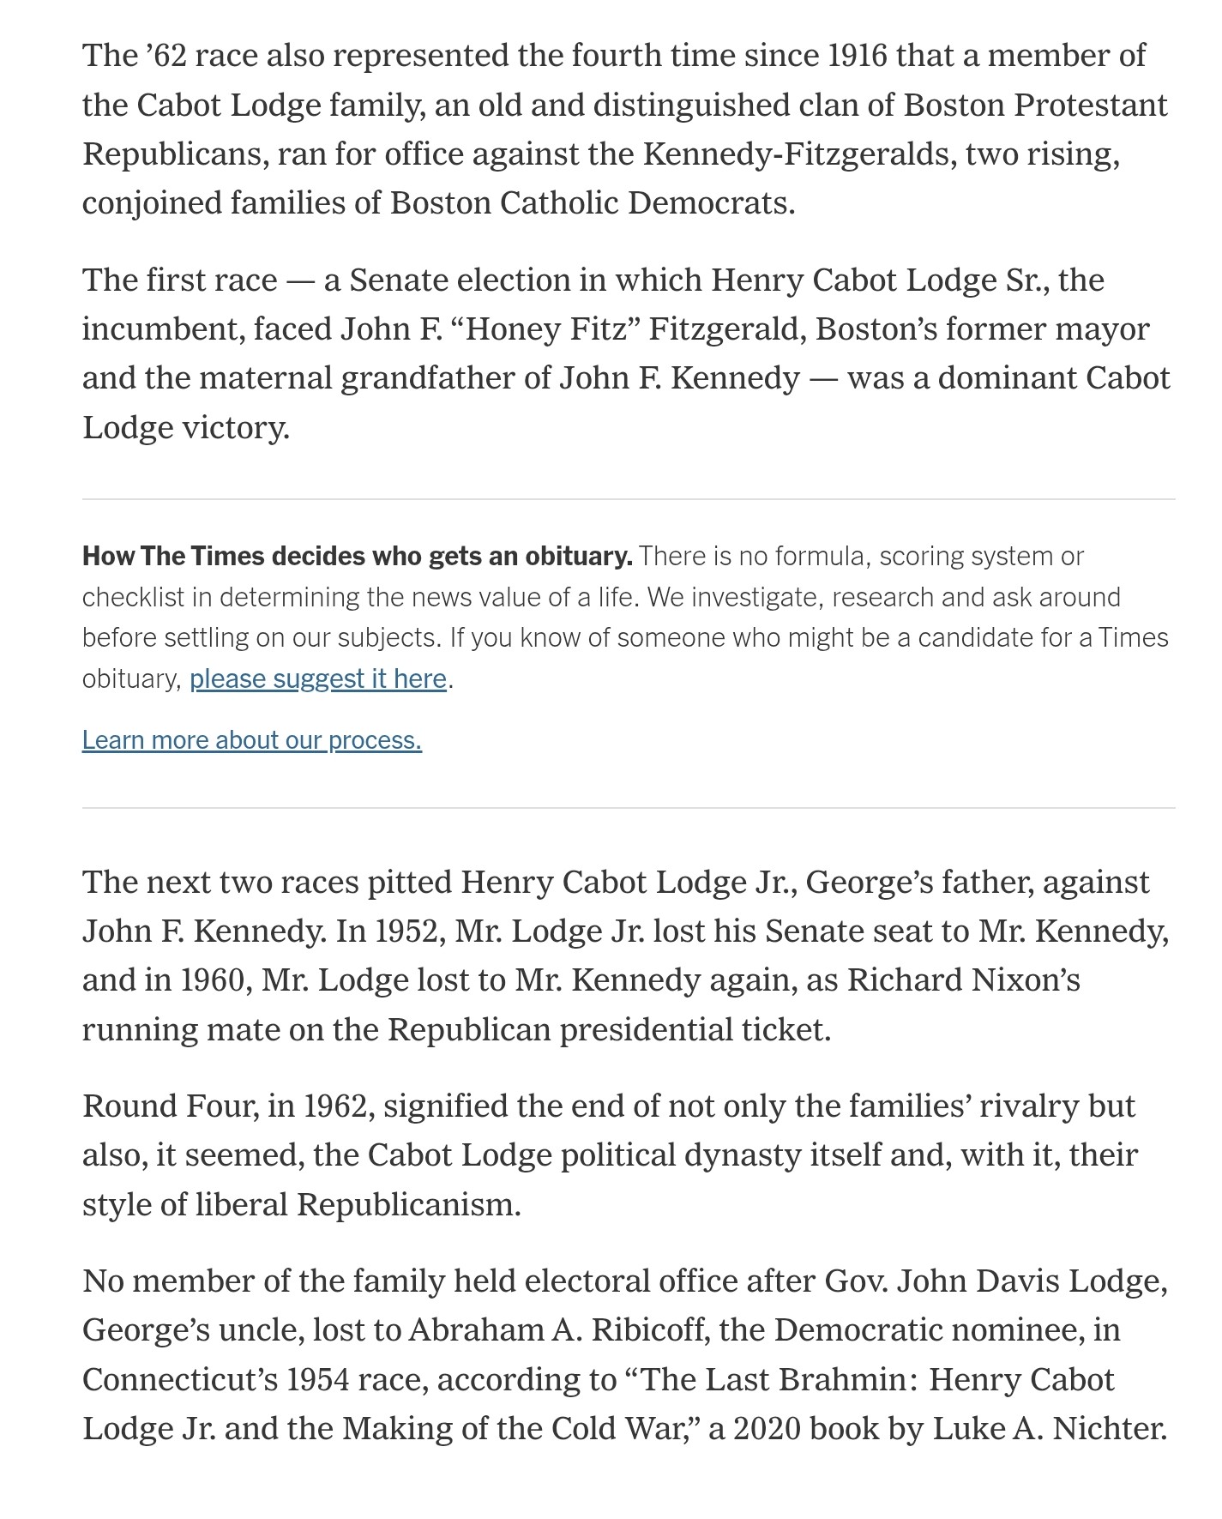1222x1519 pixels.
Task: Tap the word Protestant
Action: pyautogui.click(x=1091, y=105)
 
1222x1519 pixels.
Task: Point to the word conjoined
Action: pyautogui.click(x=151, y=203)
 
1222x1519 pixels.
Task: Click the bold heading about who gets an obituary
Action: pyautogui.click(x=357, y=557)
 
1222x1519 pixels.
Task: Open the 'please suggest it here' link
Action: pyautogui.click(x=318, y=678)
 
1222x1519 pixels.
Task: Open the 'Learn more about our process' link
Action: pyautogui.click(x=252, y=739)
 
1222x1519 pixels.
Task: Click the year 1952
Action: pyautogui.click(x=407, y=931)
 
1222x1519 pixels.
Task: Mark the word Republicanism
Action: pyautogui.click(x=408, y=1204)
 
